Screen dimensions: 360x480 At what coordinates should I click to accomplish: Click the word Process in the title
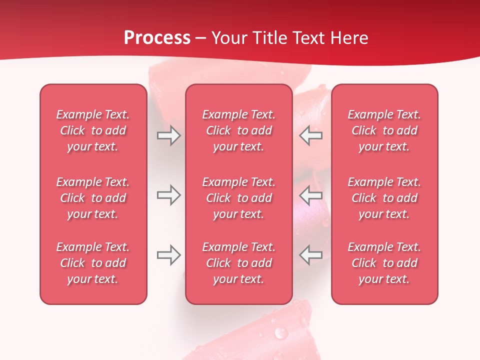pyautogui.click(x=157, y=38)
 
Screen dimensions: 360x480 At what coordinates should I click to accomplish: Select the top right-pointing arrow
pyautogui.click(x=169, y=135)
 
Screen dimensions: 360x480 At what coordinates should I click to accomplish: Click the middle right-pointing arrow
pyautogui.click(x=169, y=195)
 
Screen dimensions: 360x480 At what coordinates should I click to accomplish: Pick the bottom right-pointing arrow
pyautogui.click(x=169, y=255)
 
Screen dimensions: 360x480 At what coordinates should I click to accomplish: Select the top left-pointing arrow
pyautogui.click(x=311, y=135)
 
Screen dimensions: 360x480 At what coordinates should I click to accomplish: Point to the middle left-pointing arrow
pyautogui.click(x=311, y=195)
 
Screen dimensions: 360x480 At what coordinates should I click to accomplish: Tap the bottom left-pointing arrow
pyautogui.click(x=311, y=255)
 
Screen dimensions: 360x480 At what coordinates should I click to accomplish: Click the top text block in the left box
pyautogui.click(x=93, y=130)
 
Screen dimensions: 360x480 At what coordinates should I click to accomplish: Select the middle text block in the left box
pyautogui.click(x=93, y=198)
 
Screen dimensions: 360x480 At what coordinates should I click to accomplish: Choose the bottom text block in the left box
pyautogui.click(x=93, y=263)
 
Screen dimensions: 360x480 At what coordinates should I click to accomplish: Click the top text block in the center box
pyautogui.click(x=238, y=130)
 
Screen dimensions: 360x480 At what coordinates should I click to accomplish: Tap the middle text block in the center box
pyautogui.click(x=238, y=198)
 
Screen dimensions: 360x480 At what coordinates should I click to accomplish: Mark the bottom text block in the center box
pyautogui.click(x=238, y=263)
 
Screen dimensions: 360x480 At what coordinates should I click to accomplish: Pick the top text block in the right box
pyautogui.click(x=384, y=130)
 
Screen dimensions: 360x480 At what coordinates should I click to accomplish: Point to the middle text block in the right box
pyautogui.click(x=384, y=198)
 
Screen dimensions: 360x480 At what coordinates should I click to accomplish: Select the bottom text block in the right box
pyautogui.click(x=384, y=263)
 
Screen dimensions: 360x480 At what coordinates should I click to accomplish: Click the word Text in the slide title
pyautogui.click(x=309, y=38)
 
